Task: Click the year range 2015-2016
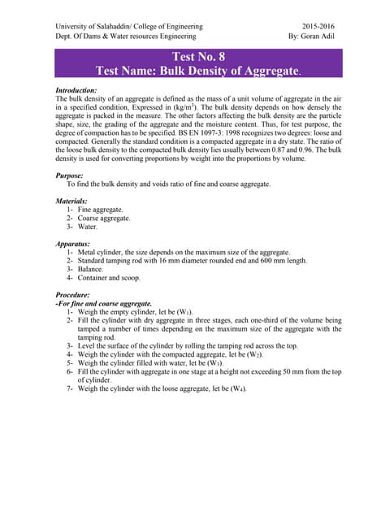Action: (x=318, y=26)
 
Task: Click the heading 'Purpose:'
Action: (x=69, y=175)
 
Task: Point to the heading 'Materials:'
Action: (x=71, y=201)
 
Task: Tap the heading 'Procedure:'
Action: (x=73, y=295)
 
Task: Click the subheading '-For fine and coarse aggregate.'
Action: (x=102, y=303)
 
